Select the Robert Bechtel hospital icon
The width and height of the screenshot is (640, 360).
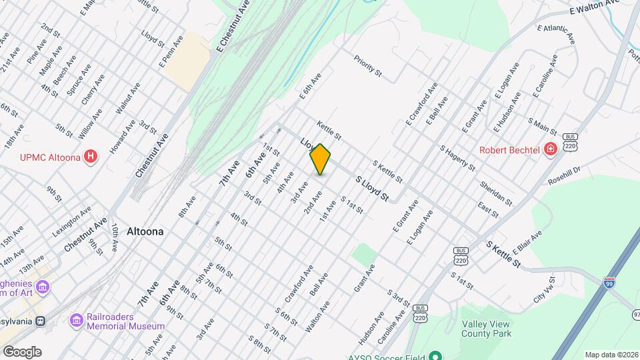pos(551,149)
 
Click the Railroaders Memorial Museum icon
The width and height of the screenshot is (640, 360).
pos(77,321)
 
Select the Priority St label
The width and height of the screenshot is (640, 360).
pos(368,65)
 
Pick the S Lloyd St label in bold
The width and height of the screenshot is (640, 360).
pos(372,189)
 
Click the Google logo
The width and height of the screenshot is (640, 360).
pos(22,351)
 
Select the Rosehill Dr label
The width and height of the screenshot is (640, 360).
pos(564,175)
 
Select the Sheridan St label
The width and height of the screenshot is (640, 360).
pos(495,193)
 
